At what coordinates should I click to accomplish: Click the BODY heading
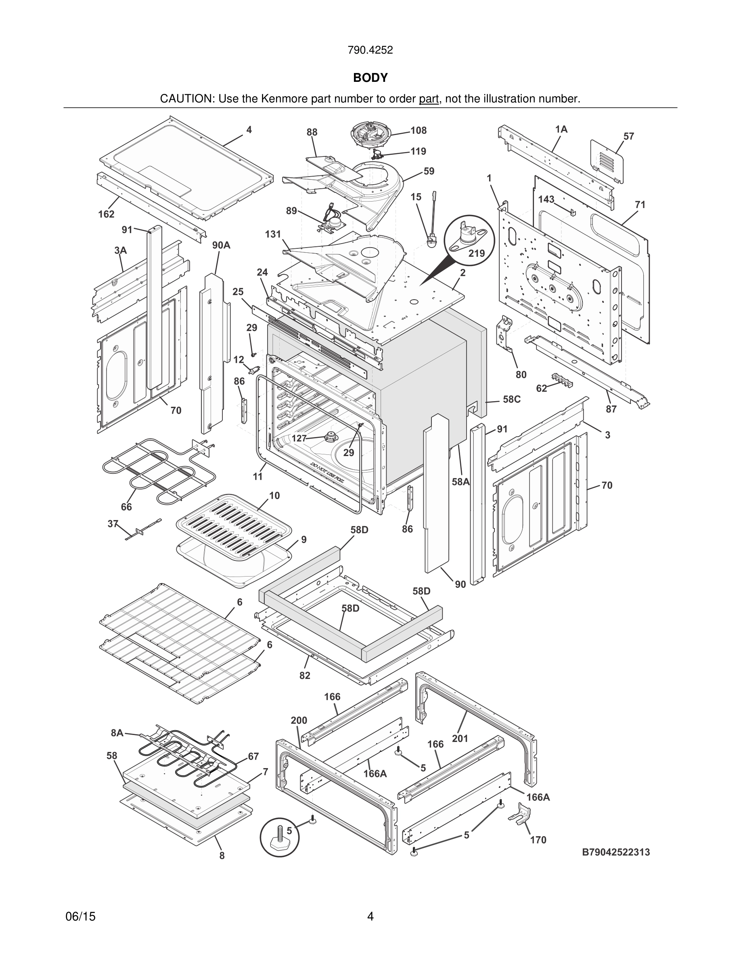coord(370,78)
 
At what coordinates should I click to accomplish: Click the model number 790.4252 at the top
coord(370,50)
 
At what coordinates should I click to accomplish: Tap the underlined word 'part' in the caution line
coord(429,99)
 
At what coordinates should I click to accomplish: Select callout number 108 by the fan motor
coord(419,130)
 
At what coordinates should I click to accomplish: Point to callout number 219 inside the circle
coord(476,253)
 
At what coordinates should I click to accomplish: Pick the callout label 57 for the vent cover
coord(629,136)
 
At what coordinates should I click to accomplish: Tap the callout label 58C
coord(511,399)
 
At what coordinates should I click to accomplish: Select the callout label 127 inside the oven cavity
coord(299,438)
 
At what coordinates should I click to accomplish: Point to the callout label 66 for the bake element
coord(126,507)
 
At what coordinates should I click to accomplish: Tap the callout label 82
coord(305,675)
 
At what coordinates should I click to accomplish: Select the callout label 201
coord(460,739)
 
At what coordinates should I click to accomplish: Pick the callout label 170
coord(538,840)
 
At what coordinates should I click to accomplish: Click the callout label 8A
coord(117,733)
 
